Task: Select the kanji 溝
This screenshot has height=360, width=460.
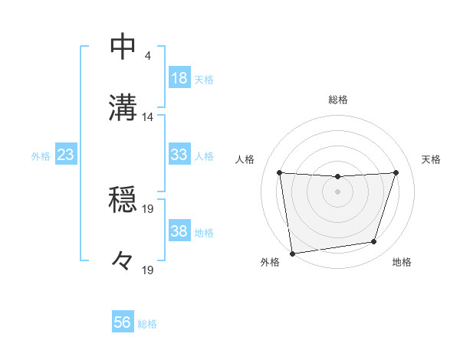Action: coord(123,107)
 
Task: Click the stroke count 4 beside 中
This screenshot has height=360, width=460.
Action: coord(147,56)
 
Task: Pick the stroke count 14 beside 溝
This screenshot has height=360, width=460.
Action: coord(148,116)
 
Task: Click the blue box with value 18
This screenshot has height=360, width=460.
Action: coord(179,78)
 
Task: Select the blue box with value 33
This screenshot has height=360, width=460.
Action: coord(179,155)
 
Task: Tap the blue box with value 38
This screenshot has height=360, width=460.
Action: coord(179,231)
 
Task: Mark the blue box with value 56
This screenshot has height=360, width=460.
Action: coord(123,322)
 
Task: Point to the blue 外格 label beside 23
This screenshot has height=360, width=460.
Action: coord(41,156)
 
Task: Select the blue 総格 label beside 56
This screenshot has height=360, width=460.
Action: coord(147,324)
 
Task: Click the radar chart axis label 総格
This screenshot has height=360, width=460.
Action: coord(338,100)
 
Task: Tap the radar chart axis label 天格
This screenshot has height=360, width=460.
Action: coord(432,159)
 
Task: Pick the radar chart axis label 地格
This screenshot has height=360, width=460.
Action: coord(402,263)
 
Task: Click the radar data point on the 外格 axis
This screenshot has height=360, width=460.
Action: coord(291,253)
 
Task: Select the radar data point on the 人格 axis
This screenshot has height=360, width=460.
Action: coord(280,172)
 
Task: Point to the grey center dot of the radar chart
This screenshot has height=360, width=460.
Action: coord(338,191)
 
